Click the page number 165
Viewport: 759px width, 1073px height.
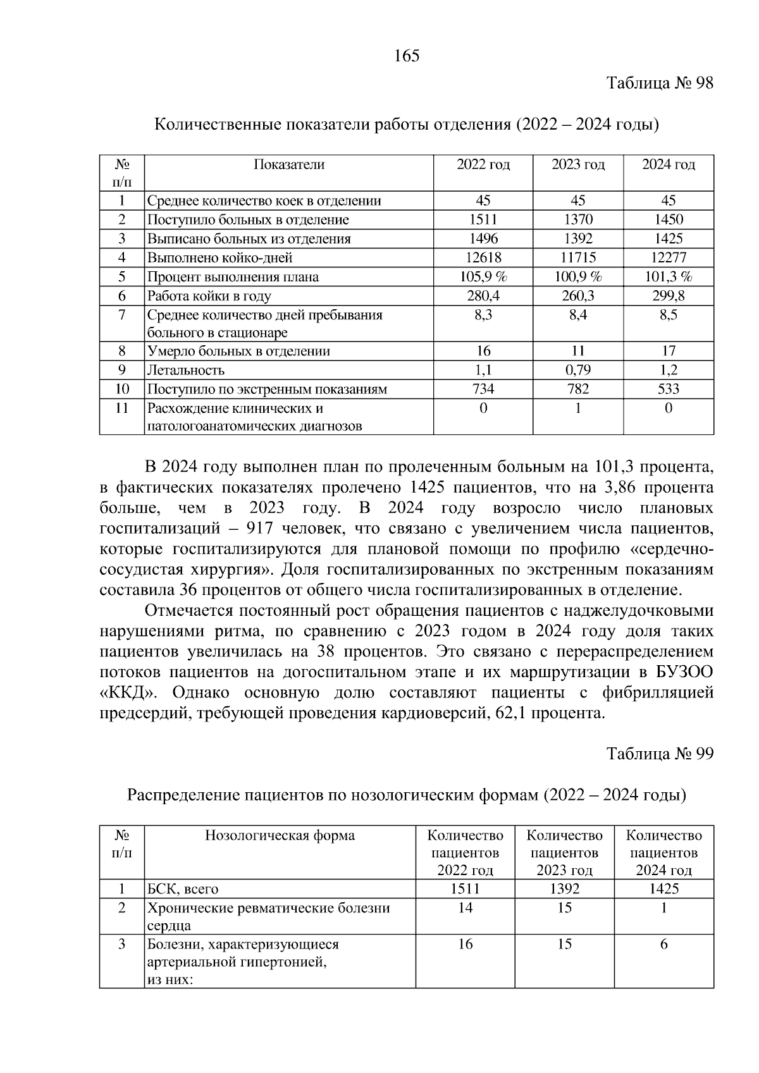tap(407, 56)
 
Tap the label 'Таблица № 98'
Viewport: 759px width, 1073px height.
tap(660, 83)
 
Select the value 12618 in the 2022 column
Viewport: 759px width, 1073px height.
tap(483, 257)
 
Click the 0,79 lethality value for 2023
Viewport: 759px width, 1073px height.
tap(577, 370)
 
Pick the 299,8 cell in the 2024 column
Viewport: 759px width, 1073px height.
tap(669, 295)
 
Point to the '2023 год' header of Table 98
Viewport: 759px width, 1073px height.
tap(577, 165)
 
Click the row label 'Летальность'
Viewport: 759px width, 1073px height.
tap(186, 371)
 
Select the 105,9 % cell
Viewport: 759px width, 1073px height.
tap(483, 276)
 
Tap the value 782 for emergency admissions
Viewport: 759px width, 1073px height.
tap(577, 389)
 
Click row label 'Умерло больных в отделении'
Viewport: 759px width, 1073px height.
tap(238, 352)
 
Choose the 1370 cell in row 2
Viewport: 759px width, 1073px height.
tap(577, 219)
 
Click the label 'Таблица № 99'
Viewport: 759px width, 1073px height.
tap(660, 754)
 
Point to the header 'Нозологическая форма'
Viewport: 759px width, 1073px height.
tap(280, 836)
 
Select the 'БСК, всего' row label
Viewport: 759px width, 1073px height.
tap(183, 889)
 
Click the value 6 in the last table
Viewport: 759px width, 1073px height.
tap(663, 944)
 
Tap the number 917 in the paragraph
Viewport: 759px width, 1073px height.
tap(259, 528)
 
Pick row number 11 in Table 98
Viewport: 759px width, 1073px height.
tap(121, 408)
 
